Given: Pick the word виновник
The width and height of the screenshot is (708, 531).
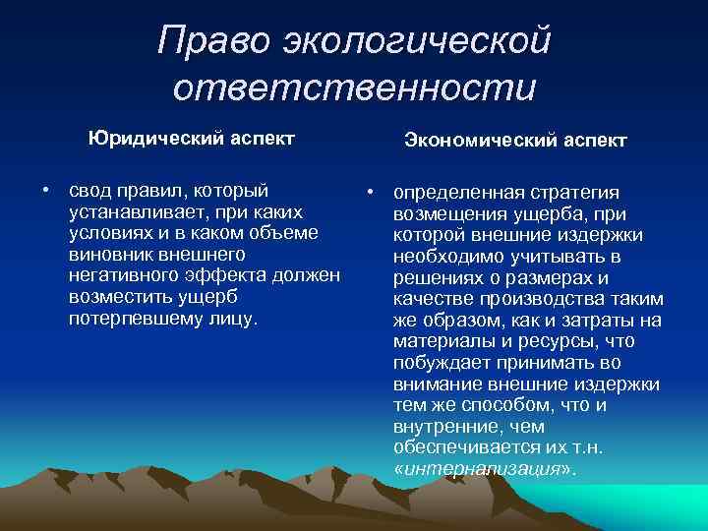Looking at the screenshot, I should pyautogui.click(x=109, y=255).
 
